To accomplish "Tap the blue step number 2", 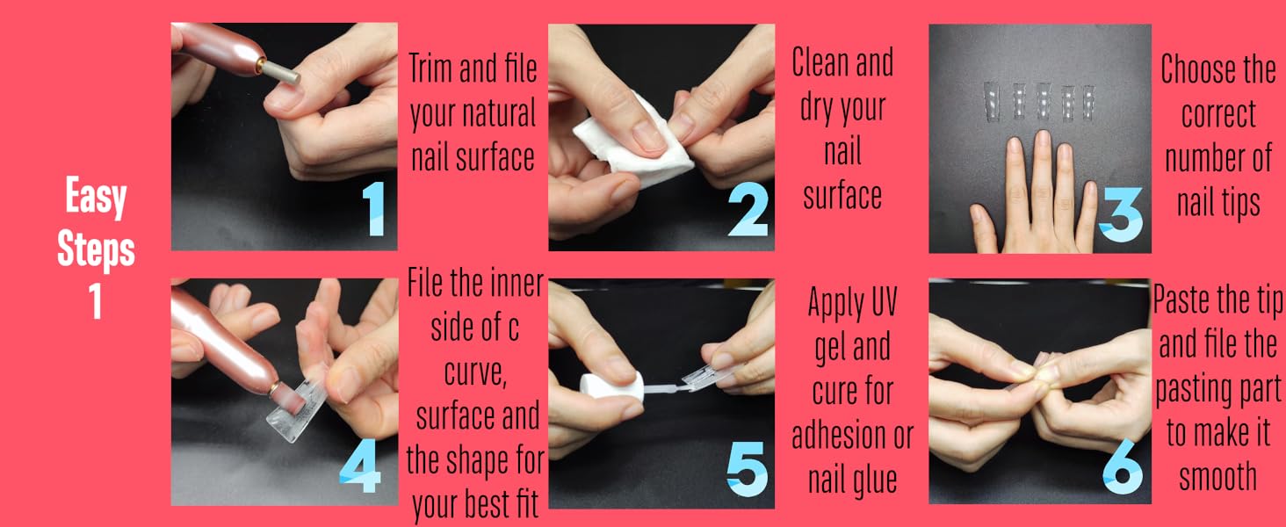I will (x=748, y=211).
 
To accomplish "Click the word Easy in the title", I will (x=96, y=198).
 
